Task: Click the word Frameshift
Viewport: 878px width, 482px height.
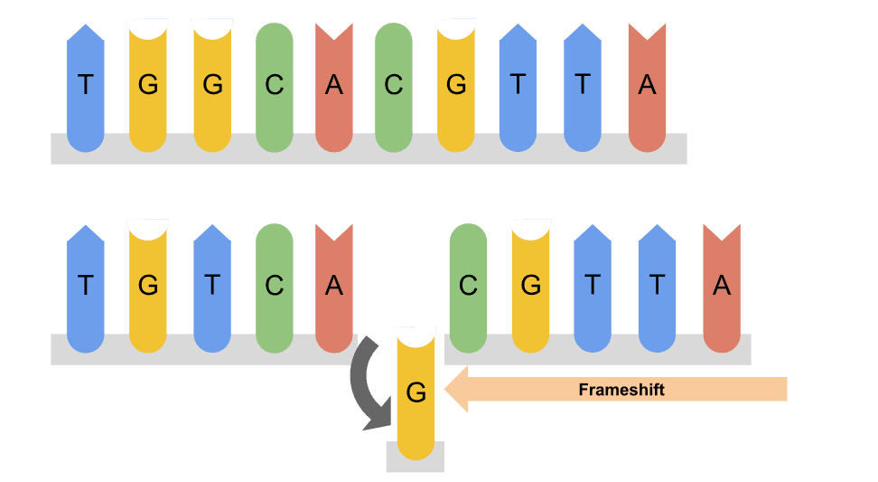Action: [621, 390]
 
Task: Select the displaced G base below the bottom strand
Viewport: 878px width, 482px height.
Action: [416, 393]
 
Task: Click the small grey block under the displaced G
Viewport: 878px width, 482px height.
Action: [415, 457]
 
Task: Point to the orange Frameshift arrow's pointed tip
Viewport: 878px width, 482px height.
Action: [445, 389]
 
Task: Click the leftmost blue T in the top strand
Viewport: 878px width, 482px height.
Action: [85, 88]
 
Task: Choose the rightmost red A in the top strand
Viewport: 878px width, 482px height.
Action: [647, 88]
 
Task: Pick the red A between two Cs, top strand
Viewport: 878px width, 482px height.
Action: [333, 88]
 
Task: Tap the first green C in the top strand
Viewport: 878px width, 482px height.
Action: [275, 88]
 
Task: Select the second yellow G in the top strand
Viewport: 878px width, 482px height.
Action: [212, 88]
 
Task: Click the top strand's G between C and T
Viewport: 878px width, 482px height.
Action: [456, 88]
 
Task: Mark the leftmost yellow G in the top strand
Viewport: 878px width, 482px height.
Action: [148, 88]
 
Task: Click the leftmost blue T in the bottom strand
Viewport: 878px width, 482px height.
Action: [85, 288]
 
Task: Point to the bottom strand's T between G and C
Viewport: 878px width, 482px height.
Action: [212, 288]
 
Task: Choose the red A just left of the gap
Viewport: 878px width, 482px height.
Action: [333, 288]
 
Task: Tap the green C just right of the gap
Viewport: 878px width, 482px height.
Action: [468, 288]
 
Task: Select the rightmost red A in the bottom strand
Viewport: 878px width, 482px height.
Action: [722, 288]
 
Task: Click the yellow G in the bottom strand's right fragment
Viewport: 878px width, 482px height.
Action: [531, 288]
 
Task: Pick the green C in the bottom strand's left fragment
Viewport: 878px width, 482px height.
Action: [275, 288]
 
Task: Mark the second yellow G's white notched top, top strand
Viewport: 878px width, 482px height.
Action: [212, 27]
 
